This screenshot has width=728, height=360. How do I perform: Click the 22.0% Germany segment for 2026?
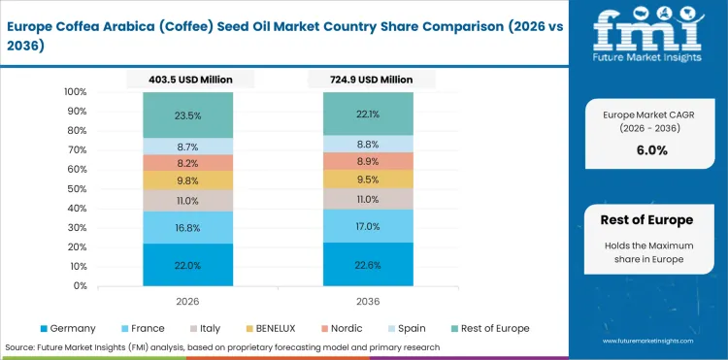(x=187, y=265)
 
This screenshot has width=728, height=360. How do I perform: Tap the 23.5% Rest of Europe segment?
(x=187, y=115)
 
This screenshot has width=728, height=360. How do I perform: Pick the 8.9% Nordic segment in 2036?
(x=369, y=161)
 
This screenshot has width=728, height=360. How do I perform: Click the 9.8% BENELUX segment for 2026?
(x=187, y=180)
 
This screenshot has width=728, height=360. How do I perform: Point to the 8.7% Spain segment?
(x=187, y=146)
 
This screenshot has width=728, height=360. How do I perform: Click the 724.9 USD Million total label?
(x=369, y=79)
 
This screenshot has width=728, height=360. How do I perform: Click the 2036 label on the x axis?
(x=369, y=301)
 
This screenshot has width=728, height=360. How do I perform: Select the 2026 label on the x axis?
(x=187, y=301)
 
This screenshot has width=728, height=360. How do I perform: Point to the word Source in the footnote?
(x=20, y=346)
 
